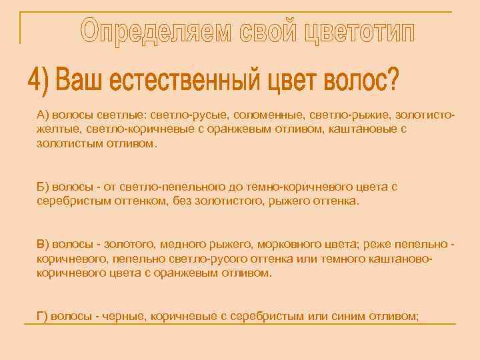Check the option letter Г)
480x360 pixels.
pos(43,316)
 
